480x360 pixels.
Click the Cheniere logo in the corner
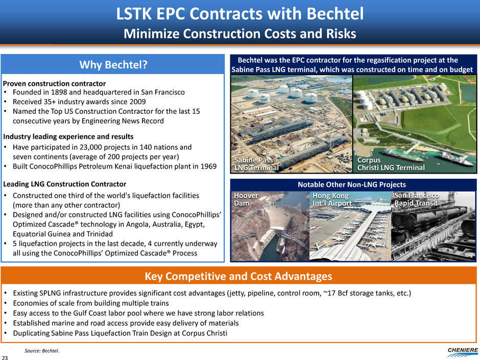(x=463, y=352)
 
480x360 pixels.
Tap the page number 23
(x=5, y=357)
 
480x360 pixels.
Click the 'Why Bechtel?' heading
(x=113, y=64)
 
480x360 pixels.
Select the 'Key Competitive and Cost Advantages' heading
(x=238, y=276)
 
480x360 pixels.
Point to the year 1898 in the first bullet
(x=59, y=92)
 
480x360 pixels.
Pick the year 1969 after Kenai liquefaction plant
(x=208, y=166)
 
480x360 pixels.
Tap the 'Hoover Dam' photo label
(x=246, y=199)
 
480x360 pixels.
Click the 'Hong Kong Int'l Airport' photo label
(x=332, y=199)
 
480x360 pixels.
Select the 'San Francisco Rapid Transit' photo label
(x=416, y=199)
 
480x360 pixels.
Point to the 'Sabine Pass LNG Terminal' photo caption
(x=256, y=164)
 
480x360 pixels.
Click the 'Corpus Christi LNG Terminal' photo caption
(x=391, y=164)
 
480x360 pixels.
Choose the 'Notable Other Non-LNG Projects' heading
(x=352, y=184)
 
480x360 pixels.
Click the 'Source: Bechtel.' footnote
(x=42, y=351)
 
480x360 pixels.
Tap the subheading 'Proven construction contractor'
(x=55, y=84)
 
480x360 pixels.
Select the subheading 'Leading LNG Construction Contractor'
(x=64, y=184)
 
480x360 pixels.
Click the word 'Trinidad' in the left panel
(x=100, y=234)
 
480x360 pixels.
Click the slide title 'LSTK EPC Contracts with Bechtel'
(x=240, y=14)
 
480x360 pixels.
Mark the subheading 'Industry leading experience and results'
(x=68, y=136)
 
